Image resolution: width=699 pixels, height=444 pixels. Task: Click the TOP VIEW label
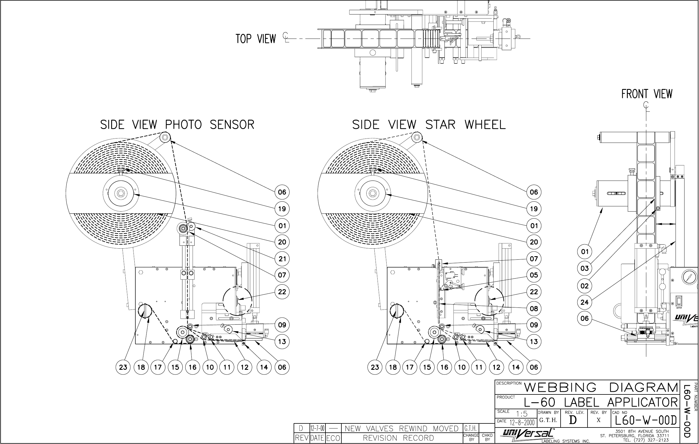255,39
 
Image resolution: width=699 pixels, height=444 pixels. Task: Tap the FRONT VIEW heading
647,94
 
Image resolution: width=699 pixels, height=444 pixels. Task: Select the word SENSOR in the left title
232,125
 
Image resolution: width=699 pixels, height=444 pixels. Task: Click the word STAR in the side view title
440,125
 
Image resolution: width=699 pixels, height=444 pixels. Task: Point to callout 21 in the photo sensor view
282,259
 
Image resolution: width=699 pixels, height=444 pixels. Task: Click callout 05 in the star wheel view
534,275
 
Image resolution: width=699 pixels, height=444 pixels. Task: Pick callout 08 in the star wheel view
534,309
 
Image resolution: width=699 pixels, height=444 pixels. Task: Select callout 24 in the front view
585,302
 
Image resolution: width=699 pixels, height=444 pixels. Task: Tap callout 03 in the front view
585,268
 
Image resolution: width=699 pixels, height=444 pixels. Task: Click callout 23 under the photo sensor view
123,367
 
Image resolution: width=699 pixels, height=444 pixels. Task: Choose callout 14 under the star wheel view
516,367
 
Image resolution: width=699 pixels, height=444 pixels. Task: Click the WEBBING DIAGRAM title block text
601,387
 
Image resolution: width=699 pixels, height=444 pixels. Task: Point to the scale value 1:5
521,414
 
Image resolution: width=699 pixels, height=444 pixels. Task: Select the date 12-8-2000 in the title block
522,422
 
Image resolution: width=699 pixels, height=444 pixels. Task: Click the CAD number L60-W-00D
646,421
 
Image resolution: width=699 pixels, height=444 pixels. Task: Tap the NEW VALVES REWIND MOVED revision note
401,429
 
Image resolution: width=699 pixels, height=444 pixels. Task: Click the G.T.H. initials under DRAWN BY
548,420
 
